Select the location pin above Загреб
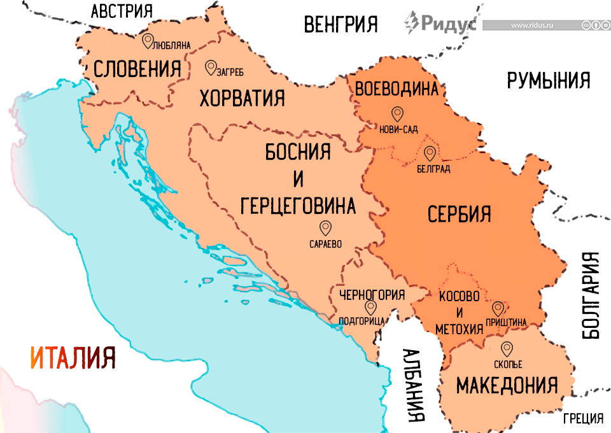[210, 67]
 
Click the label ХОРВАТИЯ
[242, 99]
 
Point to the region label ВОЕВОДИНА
[398, 89]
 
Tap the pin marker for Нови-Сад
[398, 115]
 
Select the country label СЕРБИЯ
[459, 213]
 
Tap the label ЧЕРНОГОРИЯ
[372, 295]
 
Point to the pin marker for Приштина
[498, 309]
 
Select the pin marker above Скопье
[507, 349]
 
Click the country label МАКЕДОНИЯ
[507, 385]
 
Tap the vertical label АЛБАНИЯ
[415, 385]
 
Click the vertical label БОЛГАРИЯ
[591, 294]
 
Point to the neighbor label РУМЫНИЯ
[549, 80]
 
